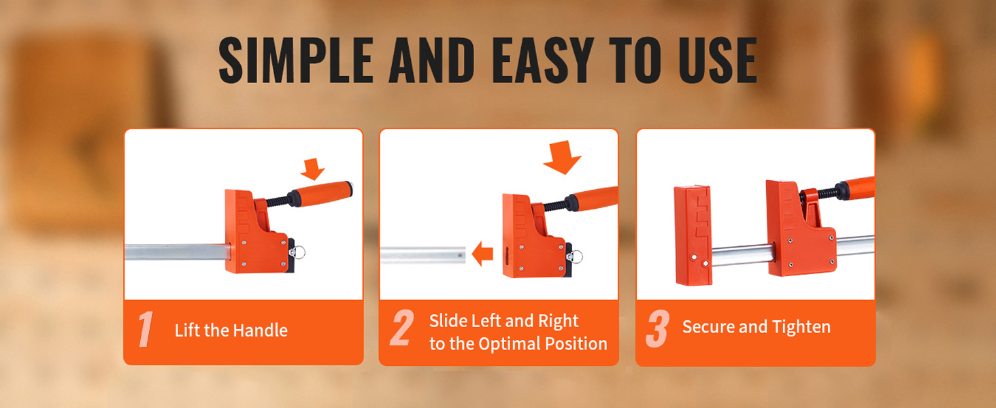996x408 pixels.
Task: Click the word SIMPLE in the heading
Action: (296, 61)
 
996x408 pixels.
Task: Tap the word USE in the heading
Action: (718, 61)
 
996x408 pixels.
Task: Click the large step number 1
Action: (146, 329)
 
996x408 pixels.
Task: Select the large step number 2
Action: (401, 328)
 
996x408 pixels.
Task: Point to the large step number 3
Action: (658, 328)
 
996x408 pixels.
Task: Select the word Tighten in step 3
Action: (801, 327)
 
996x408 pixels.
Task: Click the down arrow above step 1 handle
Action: (312, 169)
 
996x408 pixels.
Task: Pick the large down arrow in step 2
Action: (563, 157)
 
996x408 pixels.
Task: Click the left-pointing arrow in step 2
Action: (482, 254)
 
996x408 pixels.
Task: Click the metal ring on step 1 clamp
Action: (299, 252)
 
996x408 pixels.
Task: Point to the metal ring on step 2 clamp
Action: (576, 257)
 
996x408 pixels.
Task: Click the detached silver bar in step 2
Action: (423, 255)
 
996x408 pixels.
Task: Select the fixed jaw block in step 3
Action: (693, 235)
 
